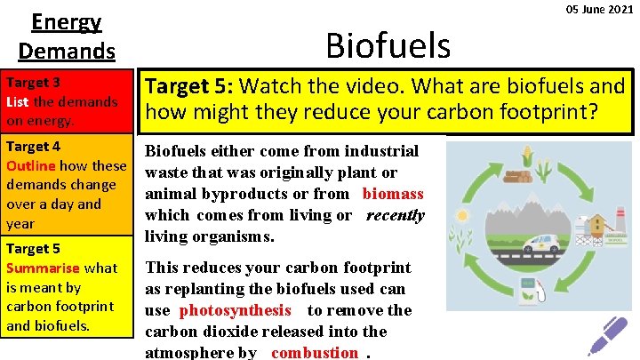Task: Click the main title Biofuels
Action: pyautogui.click(x=388, y=42)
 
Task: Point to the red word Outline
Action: pyautogui.click(x=32, y=165)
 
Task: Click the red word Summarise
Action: pyautogui.click(x=44, y=268)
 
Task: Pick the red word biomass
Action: pyautogui.click(x=393, y=194)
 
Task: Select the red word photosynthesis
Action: pyautogui.click(x=235, y=310)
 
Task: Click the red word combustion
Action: pyautogui.click(x=315, y=352)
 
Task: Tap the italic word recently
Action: pyautogui.click(x=395, y=215)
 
